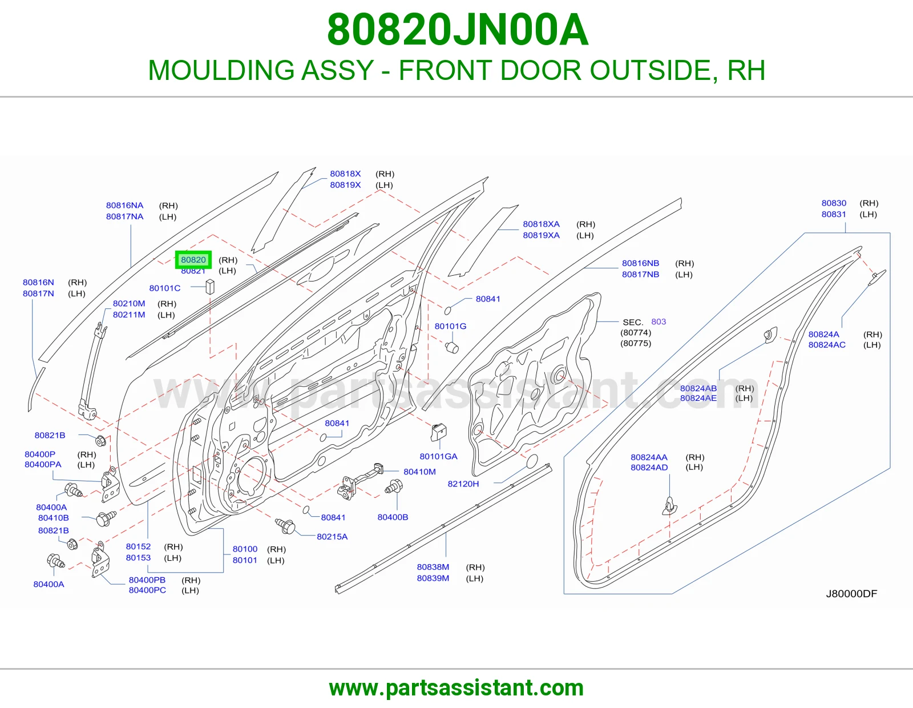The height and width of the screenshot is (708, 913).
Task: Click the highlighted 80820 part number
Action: click(193, 260)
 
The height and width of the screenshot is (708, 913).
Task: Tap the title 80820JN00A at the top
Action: click(458, 30)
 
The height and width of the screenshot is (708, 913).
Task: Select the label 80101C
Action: click(165, 288)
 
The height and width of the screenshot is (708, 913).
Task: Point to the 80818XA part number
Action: click(541, 224)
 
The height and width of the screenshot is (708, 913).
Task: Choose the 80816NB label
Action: click(640, 263)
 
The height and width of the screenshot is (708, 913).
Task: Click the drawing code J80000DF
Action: click(851, 594)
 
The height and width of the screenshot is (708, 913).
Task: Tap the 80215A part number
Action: click(332, 537)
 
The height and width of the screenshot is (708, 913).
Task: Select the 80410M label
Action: click(419, 472)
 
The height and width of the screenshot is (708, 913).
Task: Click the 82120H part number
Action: click(463, 484)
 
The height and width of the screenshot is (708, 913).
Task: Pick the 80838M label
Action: click(433, 567)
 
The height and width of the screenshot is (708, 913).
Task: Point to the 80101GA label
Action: click(438, 456)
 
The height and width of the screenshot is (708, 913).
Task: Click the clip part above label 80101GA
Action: click(438, 432)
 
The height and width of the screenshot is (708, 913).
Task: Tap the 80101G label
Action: click(450, 326)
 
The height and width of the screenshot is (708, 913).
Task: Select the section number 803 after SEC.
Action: click(659, 321)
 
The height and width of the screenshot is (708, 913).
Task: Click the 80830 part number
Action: click(834, 203)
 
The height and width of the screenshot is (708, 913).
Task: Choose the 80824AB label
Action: click(698, 388)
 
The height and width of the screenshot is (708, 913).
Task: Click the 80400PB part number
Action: click(147, 580)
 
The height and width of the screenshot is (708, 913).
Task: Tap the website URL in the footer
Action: click(457, 688)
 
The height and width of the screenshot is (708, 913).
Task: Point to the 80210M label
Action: click(129, 304)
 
